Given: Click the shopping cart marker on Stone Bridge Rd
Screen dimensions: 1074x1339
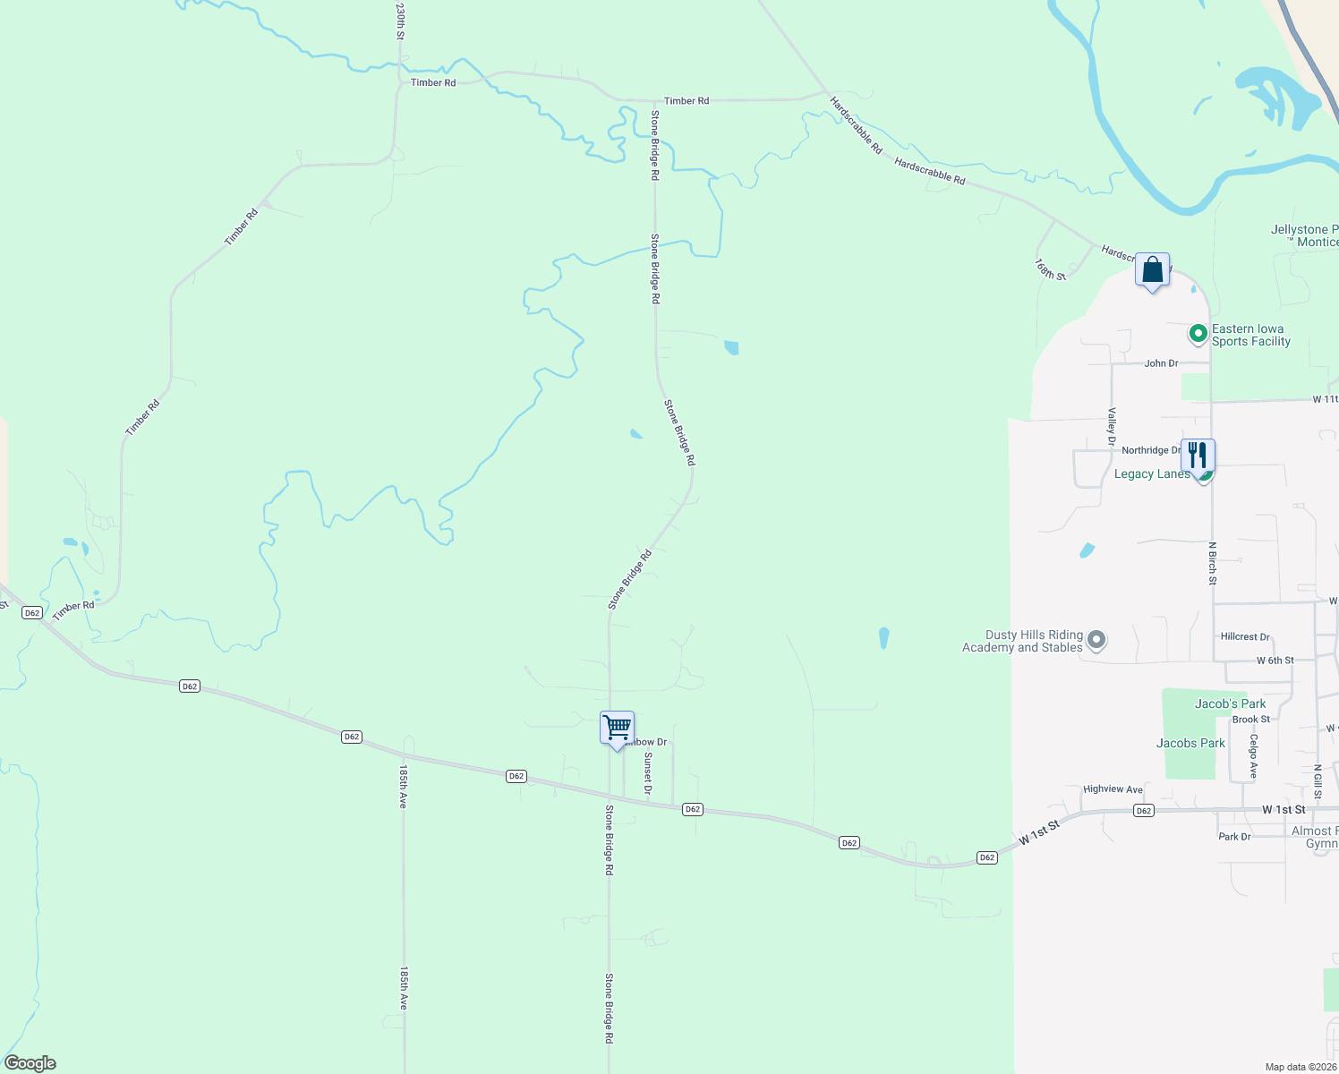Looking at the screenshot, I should coord(617,728).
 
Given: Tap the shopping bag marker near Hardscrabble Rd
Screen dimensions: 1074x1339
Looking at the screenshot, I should coord(1152,269).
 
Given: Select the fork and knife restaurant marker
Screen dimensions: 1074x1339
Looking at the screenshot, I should coord(1198,456).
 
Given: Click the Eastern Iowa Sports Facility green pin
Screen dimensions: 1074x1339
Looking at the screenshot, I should coord(1198,334).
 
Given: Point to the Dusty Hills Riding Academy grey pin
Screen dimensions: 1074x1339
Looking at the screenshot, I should coord(1096,641).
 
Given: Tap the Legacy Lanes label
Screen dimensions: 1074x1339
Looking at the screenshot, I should coord(1152,474).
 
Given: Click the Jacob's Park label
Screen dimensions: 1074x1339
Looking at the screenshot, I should coord(1230,703).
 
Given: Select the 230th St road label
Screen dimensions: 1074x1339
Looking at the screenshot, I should coord(400,21).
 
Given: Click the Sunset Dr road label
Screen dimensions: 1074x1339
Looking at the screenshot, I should coord(648,773).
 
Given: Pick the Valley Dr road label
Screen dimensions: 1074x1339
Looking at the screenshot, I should coord(1112,427).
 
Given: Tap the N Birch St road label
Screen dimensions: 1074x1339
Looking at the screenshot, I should coord(1213,563).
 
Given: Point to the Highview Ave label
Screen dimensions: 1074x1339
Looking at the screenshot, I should coord(1113,789).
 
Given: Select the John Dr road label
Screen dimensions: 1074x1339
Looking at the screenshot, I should coord(1161,363).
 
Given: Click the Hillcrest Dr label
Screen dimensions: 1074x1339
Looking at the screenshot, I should coord(1245,637).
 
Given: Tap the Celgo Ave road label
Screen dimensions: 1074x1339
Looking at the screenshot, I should coord(1254,756).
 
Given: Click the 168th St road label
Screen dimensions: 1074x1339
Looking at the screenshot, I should coord(1051,269).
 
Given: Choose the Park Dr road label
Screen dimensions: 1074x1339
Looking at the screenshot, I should coord(1234,837).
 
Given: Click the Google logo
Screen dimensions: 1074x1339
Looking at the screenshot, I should coord(30,1063).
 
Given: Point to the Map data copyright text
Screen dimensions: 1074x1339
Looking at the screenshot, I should coord(1301,1067).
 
